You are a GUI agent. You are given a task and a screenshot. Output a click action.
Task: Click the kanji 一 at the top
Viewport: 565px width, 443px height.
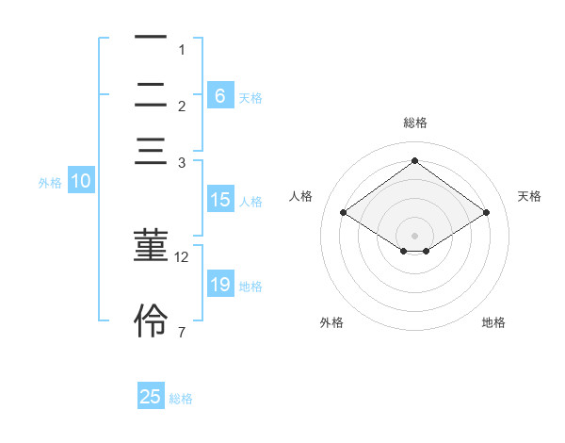pyautogui.click(x=151, y=38)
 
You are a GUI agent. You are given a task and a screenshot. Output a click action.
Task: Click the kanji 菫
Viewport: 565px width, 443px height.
pyautogui.click(x=151, y=248)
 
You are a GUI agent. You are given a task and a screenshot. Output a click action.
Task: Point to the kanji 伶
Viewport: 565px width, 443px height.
pyautogui.click(x=151, y=320)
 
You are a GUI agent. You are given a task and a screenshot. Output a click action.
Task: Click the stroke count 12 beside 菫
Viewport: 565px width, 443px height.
pyautogui.click(x=182, y=256)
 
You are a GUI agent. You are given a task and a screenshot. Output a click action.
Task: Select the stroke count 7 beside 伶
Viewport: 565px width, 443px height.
pyautogui.click(x=182, y=331)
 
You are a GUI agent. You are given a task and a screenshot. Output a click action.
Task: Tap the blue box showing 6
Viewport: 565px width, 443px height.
pyautogui.click(x=219, y=95)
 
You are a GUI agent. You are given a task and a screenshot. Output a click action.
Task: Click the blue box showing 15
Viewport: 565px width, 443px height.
pyautogui.click(x=219, y=200)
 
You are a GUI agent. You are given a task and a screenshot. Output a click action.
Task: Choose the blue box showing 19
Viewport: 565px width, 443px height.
pyautogui.click(x=219, y=285)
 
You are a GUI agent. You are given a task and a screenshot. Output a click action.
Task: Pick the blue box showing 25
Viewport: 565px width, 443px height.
pyautogui.click(x=151, y=397)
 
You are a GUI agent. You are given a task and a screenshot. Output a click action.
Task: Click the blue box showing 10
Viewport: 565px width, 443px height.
pyautogui.click(x=81, y=181)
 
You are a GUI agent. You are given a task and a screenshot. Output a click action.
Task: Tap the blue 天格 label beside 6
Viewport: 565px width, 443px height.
pyautogui.click(x=250, y=98)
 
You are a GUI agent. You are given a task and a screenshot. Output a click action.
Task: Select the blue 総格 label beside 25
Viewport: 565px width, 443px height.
pyautogui.click(x=181, y=400)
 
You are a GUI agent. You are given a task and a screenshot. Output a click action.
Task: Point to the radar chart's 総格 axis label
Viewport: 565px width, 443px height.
pyautogui.click(x=414, y=123)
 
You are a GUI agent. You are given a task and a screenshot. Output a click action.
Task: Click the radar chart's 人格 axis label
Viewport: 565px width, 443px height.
pyautogui.click(x=301, y=196)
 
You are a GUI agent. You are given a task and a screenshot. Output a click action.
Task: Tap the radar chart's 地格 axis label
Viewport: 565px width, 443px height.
pyautogui.click(x=493, y=322)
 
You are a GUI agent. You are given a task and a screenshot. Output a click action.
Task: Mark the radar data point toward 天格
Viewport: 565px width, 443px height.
pyautogui.click(x=486, y=213)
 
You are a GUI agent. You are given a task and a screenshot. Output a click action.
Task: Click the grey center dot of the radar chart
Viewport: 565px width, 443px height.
pyautogui.click(x=414, y=235)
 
